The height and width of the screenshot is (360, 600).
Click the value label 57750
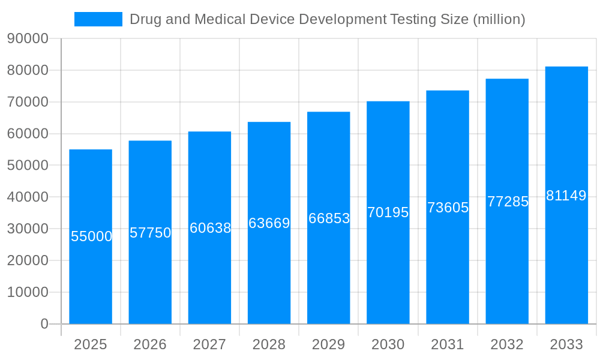pos(151,233)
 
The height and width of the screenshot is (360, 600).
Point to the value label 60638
pos(210,228)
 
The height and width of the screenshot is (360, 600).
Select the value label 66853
pos(329,218)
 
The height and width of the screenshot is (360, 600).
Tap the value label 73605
pos(448,208)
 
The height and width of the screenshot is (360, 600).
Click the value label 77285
pos(508,202)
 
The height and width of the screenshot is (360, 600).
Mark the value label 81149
pos(566,196)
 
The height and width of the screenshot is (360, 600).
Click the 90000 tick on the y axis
pos(28,38)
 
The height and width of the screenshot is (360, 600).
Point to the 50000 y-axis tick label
pos(28,166)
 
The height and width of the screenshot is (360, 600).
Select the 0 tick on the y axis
pos(44,324)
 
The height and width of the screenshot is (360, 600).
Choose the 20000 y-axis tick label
pos(28,260)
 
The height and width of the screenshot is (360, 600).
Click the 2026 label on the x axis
pos(150,344)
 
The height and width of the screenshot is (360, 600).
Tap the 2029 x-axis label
pos(329,344)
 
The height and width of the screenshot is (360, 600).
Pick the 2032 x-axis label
pos(507,344)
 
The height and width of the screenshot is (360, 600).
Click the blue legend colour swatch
pos(98,19)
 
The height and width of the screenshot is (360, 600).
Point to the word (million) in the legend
pos(499,19)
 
